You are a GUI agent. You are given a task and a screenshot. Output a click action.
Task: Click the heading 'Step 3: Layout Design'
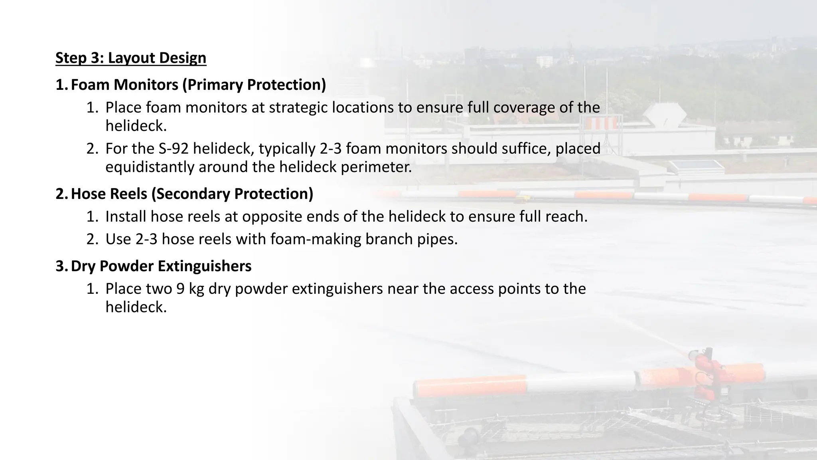[131, 58]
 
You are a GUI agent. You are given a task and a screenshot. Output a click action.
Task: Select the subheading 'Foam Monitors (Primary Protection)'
[198, 85]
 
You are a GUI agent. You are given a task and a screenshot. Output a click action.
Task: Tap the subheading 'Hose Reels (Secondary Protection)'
[192, 194]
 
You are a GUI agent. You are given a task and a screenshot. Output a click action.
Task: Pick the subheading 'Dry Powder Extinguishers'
[161, 266]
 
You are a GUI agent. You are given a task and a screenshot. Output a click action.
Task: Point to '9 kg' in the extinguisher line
[190, 289]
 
